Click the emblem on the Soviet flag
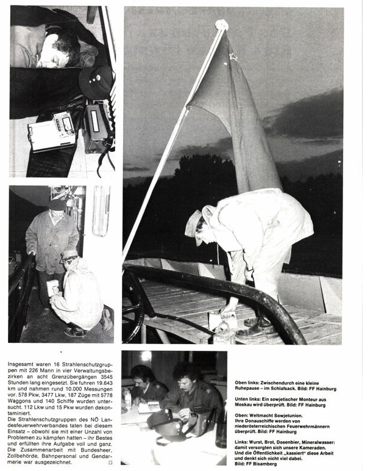click(233, 58)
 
